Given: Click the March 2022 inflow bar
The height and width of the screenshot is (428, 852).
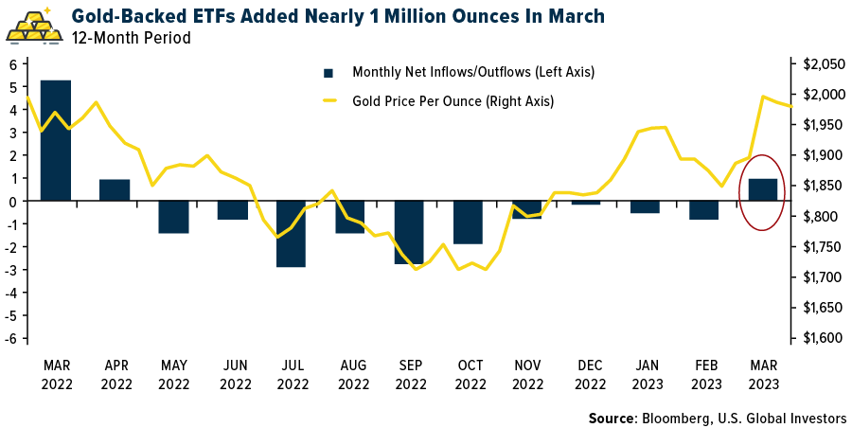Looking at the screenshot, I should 55,140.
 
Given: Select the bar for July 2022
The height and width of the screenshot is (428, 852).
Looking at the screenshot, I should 292,234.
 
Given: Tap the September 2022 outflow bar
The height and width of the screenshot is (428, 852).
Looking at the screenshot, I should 410,232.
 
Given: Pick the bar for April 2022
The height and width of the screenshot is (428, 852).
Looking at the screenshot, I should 115,189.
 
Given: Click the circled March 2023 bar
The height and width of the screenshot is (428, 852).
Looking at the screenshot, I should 762,189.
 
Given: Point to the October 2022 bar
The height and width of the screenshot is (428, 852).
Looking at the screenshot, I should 469,223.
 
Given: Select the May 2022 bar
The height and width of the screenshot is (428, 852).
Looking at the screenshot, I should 173,217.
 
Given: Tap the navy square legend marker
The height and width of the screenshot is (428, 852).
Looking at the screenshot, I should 328,72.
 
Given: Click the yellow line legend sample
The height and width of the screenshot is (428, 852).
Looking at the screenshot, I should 330,99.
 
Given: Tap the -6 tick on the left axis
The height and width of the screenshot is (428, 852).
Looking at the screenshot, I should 14,338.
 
